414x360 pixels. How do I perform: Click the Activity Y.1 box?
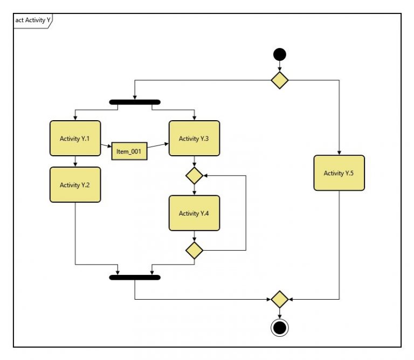pyautogui.click(x=75, y=139)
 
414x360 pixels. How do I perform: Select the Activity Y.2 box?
pyautogui.click(x=75, y=185)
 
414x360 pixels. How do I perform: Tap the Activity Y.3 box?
pyautogui.click(x=194, y=139)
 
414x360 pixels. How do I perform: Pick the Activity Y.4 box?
pyautogui.click(x=194, y=213)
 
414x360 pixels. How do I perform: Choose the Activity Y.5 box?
pyautogui.click(x=339, y=173)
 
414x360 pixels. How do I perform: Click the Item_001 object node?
pyautogui.click(x=129, y=151)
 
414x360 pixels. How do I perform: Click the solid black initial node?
pyautogui.click(x=279, y=54)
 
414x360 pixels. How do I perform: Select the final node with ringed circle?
pyautogui.click(x=279, y=327)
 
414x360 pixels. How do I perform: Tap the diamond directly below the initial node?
pyautogui.click(x=279, y=80)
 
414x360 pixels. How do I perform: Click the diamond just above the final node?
pyautogui.click(x=279, y=299)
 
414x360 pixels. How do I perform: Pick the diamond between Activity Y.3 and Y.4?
pyautogui.click(x=194, y=175)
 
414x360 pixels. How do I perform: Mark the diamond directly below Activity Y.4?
pyautogui.click(x=194, y=250)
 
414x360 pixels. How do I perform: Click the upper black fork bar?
pyautogui.click(x=134, y=101)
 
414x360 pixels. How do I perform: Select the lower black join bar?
pyautogui.click(x=134, y=278)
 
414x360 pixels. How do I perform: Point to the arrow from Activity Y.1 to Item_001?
pyautogui.click(x=106, y=146)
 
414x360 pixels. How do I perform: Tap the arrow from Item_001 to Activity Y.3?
pyautogui.click(x=158, y=146)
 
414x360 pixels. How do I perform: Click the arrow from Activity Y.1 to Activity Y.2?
pyautogui.click(x=75, y=161)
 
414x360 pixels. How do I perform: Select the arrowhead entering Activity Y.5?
pyautogui.click(x=339, y=153)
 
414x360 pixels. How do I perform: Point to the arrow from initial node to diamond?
pyautogui.click(x=279, y=66)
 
